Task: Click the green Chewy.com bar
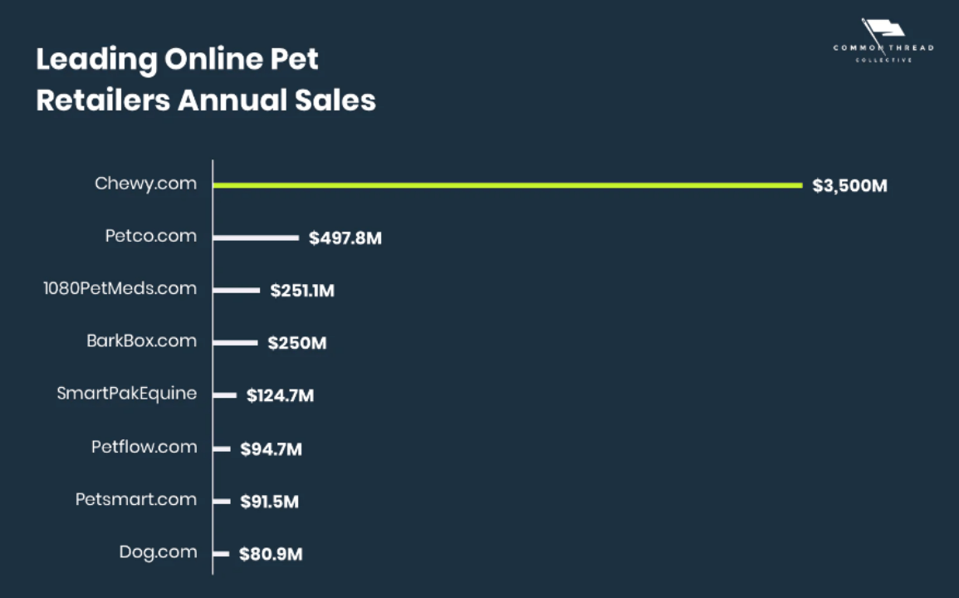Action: (506, 184)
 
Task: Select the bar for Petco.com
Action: (256, 238)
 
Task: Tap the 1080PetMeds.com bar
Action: (237, 290)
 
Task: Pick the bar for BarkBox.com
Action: (235, 342)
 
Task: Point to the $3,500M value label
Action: (850, 185)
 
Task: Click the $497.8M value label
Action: (345, 238)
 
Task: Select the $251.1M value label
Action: (302, 291)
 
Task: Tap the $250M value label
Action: (297, 343)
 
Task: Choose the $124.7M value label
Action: (280, 396)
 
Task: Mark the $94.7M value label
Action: (272, 449)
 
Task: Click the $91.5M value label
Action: (270, 502)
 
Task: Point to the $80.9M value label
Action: (271, 554)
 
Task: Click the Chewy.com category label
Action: (146, 184)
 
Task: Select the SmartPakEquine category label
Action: (127, 394)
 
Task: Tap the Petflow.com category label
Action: (144, 447)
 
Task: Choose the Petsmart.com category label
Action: (136, 499)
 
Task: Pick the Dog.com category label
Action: (159, 552)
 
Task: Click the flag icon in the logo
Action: (883, 30)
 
